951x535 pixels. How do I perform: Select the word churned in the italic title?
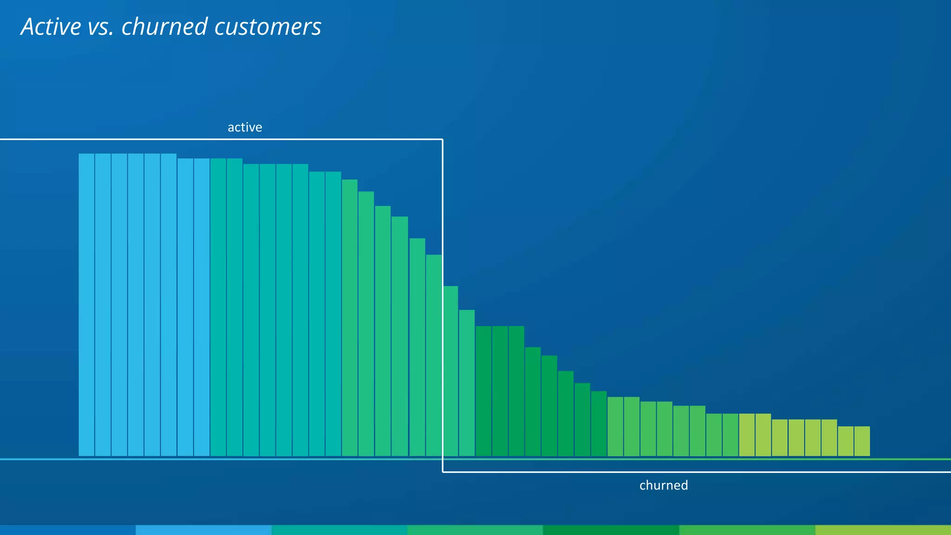pyautogui.click(x=164, y=27)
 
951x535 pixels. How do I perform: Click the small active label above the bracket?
pyautogui.click(x=245, y=127)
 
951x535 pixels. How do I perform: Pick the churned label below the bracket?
pyautogui.click(x=664, y=485)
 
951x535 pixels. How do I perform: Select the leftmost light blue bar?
pyautogui.click(x=86, y=305)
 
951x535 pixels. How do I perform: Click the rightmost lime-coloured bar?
pyautogui.click(x=862, y=441)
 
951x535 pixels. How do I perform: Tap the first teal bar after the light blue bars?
pyautogui.click(x=218, y=307)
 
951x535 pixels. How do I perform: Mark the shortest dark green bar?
pyautogui.click(x=599, y=424)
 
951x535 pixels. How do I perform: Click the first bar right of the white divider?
pyautogui.click(x=450, y=371)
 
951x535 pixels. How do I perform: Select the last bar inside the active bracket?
pyautogui.click(x=434, y=355)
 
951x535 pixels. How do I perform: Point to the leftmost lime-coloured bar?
pyautogui.click(x=747, y=435)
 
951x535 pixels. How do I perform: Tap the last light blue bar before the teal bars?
pyautogui.click(x=202, y=307)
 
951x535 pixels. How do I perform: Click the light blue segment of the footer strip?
pyautogui.click(x=203, y=530)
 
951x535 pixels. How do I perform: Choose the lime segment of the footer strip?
pyautogui.click(x=883, y=530)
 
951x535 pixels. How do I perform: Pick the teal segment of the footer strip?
pyautogui.click(x=339, y=530)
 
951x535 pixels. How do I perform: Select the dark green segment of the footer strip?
pyautogui.click(x=611, y=530)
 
